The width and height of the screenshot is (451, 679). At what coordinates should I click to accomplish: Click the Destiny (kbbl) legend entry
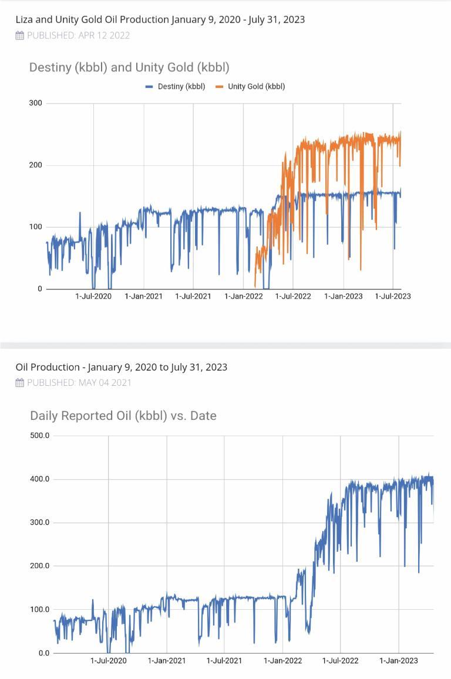[175, 87]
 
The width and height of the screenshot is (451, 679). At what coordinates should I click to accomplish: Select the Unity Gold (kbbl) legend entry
[250, 87]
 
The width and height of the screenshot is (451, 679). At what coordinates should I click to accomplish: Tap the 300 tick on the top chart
[36, 103]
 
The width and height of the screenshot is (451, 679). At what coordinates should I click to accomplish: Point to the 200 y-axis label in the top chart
[36, 165]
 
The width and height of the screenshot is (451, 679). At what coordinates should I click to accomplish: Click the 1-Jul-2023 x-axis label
[393, 296]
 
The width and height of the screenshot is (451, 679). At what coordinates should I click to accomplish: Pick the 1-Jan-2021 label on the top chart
[143, 296]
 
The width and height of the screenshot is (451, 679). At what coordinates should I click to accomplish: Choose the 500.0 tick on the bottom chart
[40, 436]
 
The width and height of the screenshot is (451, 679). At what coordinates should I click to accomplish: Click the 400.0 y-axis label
[40, 479]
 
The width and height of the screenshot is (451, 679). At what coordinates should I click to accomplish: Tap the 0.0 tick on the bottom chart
[44, 653]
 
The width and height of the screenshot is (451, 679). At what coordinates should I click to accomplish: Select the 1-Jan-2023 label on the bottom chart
[399, 661]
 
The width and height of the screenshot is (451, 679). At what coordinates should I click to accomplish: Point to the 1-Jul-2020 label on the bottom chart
[109, 661]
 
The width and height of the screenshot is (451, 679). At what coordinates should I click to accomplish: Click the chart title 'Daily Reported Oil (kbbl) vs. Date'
[123, 416]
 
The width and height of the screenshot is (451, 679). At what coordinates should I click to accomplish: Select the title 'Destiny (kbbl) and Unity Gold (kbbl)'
[129, 67]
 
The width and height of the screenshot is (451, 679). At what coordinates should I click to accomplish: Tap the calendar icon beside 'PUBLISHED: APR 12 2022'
[19, 36]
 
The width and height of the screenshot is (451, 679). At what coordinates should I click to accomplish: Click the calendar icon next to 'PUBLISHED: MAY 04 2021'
[19, 383]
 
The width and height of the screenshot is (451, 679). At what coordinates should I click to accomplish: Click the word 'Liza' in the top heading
[24, 19]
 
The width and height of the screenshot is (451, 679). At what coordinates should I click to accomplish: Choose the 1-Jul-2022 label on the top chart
[293, 296]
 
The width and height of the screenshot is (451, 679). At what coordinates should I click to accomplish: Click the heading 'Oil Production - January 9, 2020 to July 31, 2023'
[122, 367]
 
